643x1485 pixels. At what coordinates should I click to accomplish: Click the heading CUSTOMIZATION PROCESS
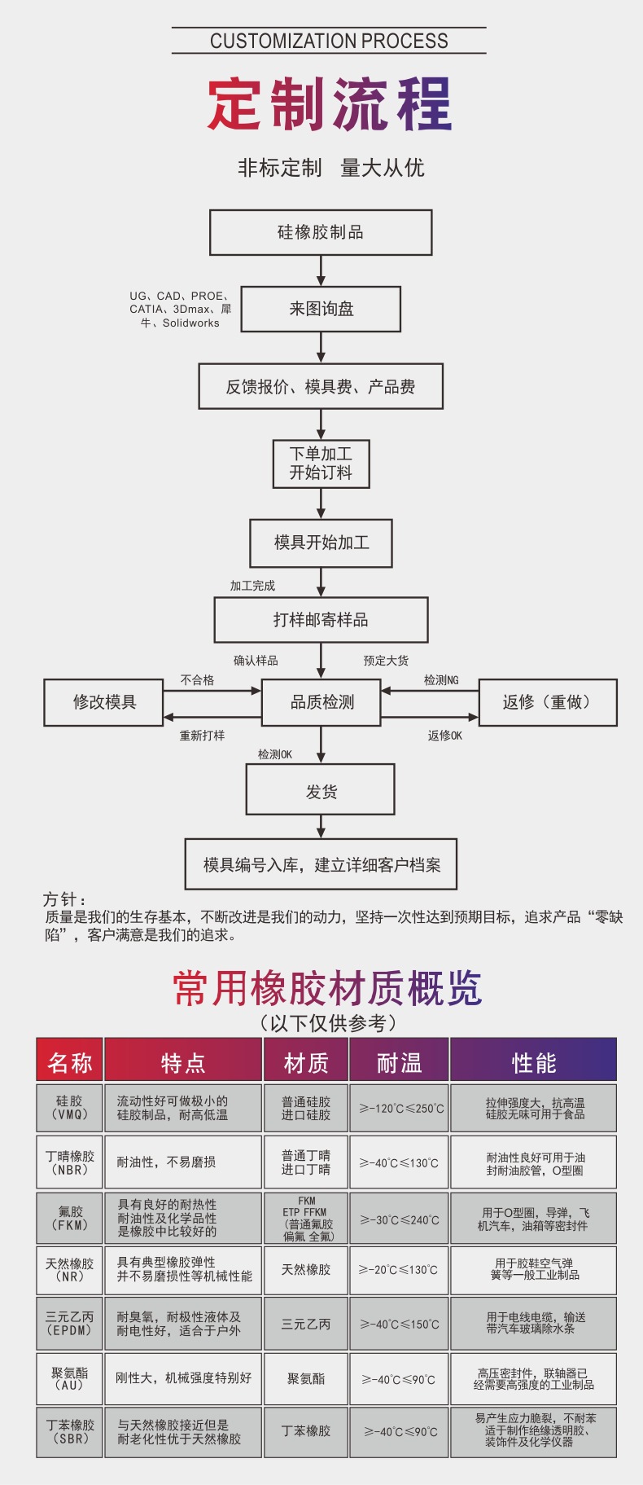[329, 41]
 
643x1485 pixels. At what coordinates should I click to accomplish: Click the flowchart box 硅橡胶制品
[321, 232]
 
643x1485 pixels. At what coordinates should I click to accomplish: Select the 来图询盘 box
[321, 309]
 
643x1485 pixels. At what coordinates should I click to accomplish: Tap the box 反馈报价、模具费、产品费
[321, 386]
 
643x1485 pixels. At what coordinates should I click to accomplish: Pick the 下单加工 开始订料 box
[321, 464]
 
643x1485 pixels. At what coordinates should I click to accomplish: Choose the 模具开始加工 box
[321, 543]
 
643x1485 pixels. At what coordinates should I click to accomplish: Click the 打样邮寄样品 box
[321, 620]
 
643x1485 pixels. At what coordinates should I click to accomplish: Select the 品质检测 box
[321, 702]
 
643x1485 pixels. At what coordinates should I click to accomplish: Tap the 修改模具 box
[103, 702]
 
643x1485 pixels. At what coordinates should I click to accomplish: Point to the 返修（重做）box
[547, 702]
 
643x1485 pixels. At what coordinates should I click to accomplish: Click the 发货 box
[321, 789]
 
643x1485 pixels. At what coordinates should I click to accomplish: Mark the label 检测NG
[441, 680]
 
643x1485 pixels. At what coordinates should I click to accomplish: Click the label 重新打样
[202, 736]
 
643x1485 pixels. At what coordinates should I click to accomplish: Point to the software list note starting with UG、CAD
[180, 310]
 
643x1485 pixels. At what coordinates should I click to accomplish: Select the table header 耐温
[399, 1062]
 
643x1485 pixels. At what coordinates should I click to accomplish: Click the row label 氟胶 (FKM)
[70, 1218]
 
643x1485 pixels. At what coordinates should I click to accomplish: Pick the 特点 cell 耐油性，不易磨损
[166, 1162]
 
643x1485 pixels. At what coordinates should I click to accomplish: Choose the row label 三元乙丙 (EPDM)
[70, 1324]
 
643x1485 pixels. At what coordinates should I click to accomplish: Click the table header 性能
[534, 1062]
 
